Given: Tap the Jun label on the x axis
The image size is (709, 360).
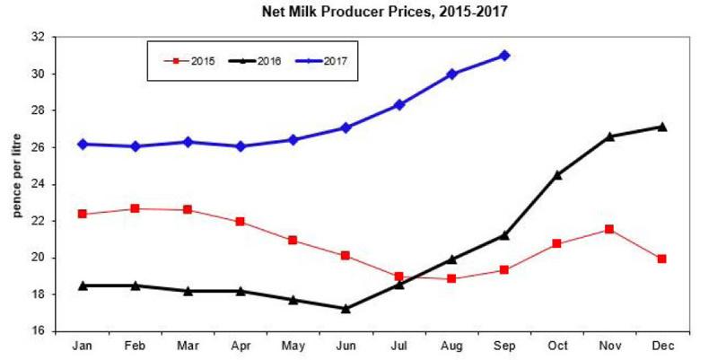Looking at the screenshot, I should (346, 344).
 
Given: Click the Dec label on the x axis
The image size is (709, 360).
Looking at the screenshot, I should (661, 344).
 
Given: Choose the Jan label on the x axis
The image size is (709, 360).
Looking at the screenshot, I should (83, 344).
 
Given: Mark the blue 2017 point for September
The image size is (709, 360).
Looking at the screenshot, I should (504, 56).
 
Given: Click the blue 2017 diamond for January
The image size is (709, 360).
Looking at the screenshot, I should (83, 144).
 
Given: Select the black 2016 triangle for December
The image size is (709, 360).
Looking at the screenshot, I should (661, 127).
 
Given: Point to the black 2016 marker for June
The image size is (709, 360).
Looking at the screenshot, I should (346, 308).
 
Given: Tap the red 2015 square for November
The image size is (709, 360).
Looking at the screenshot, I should (609, 229).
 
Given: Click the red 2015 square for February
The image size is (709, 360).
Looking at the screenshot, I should (135, 208).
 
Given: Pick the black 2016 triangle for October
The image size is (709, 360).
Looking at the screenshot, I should (556, 174).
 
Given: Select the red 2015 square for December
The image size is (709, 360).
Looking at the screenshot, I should (661, 259).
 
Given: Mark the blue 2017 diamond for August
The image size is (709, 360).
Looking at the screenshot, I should (452, 74).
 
